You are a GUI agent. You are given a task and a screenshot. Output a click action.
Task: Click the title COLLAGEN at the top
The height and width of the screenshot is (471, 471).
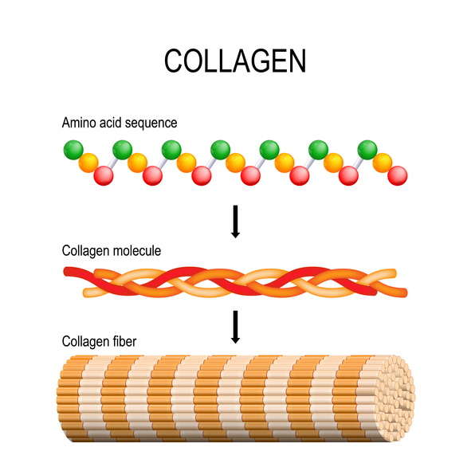tap(235, 61)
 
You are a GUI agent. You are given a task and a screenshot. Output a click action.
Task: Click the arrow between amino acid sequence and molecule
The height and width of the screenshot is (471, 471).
tap(235, 221)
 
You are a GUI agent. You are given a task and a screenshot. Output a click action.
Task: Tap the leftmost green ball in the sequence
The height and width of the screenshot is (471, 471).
tap(73, 149)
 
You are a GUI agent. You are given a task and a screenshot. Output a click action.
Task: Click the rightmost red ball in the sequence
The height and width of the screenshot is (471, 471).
tap(397, 175)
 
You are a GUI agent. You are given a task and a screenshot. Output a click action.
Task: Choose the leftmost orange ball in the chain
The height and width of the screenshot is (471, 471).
tap(88, 163)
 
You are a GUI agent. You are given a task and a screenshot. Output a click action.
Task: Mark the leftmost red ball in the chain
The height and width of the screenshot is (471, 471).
tap(103, 175)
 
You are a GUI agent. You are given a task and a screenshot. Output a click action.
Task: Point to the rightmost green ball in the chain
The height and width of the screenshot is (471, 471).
tap(367, 149)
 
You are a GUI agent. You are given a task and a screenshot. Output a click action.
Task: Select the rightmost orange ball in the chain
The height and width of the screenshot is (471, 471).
tap(383, 163)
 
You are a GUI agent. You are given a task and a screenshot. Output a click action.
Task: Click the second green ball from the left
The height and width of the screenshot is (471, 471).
tap(122, 149)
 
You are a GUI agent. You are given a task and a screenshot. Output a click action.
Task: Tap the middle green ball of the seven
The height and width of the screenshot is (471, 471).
tap(221, 149)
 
